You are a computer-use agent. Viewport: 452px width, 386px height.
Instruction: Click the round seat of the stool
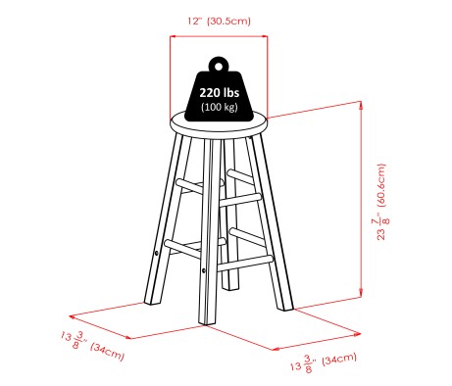(219, 123)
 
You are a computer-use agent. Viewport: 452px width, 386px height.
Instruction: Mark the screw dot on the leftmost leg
(157, 254)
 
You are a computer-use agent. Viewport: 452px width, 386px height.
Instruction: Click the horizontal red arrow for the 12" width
(219, 37)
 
